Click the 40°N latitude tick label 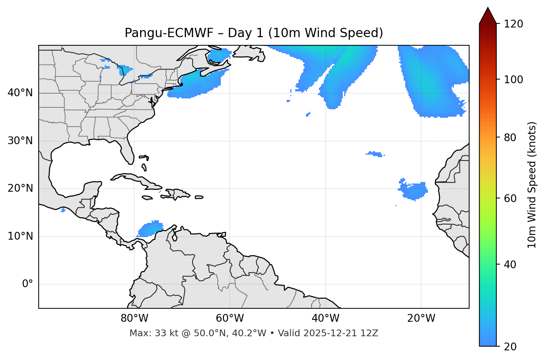20,93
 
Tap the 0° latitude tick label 28,284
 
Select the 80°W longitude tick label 134,318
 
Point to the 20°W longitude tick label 421,318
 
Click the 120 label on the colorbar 513,24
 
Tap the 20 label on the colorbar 510,347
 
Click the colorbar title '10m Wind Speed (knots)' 532,185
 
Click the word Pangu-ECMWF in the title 169,33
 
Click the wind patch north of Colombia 151,229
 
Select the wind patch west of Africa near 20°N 414,191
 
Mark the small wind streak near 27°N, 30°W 375,154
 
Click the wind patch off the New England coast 197,84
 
